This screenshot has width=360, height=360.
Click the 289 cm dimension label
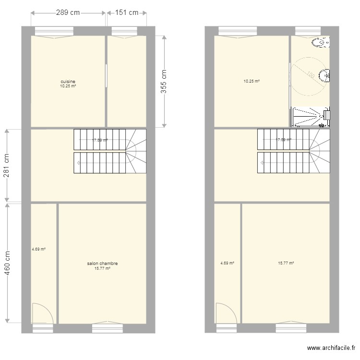68,13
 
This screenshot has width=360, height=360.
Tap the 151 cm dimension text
126,13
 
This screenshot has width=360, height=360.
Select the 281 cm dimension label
7,166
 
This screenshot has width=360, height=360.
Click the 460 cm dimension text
7,263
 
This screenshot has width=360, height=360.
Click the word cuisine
68,82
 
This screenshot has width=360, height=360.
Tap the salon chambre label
102,264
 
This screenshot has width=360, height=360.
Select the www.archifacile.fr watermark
331,348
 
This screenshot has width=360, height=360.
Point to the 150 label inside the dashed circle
311,75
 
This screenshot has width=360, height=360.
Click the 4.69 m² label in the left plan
38,249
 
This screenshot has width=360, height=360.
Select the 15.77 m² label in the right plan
286,263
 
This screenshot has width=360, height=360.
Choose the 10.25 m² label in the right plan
252,82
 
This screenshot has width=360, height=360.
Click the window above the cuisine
54,31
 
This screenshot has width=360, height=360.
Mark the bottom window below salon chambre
108,328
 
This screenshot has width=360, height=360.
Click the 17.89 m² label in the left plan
100,140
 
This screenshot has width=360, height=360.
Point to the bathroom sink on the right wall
326,75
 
